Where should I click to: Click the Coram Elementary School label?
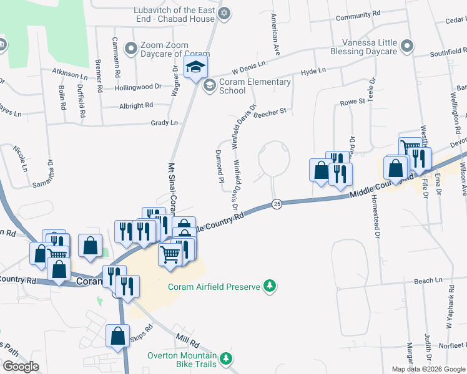click(255, 86)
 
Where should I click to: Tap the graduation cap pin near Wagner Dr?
click(197, 69)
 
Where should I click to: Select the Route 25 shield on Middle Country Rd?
click(276, 204)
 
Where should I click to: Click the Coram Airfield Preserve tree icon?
click(270, 287)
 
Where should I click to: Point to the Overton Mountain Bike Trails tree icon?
click(227, 360)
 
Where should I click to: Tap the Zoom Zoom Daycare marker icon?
click(131, 48)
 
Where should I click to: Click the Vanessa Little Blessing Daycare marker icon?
click(407, 46)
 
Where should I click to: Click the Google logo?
click(21, 367)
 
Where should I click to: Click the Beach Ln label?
click(428, 281)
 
